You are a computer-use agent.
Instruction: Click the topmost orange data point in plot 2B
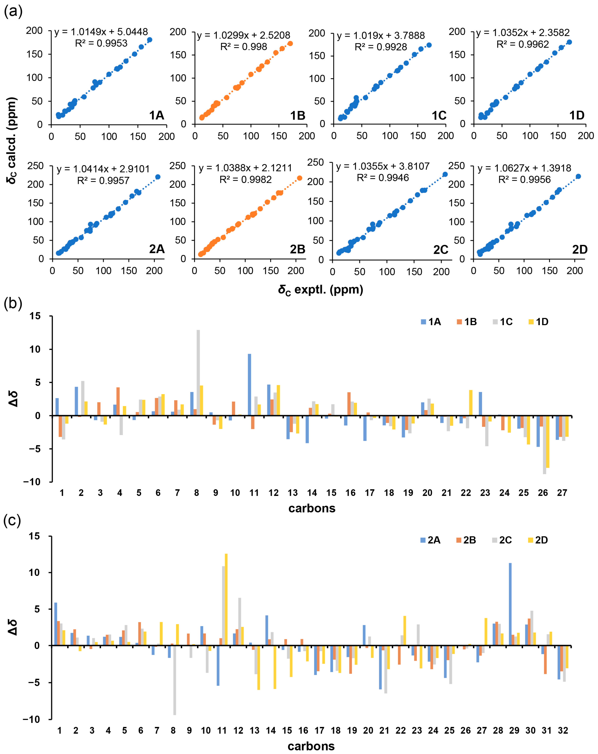pos(300,178)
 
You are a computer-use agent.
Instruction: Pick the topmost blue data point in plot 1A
pos(150,40)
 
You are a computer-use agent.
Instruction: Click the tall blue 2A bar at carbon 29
pos(510,604)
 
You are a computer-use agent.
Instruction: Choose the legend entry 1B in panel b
pos(467,322)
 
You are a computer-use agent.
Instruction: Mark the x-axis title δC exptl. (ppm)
pos(320,290)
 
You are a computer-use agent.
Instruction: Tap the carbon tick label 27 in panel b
pos(562,493)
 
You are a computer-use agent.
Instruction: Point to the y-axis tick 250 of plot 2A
pos(35,166)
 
